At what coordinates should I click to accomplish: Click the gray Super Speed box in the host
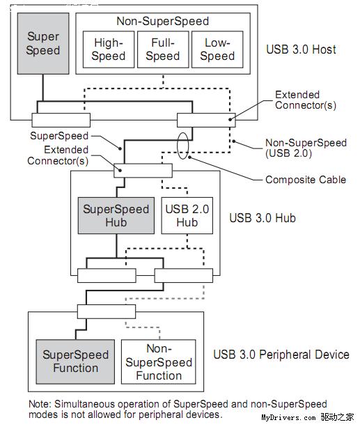[x=43, y=43]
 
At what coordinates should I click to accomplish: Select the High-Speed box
[x=108, y=49]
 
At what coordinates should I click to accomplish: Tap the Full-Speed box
[x=162, y=49]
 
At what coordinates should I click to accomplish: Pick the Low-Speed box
[x=217, y=49]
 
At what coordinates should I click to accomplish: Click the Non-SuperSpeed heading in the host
[x=163, y=21]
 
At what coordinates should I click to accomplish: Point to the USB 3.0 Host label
[x=301, y=49]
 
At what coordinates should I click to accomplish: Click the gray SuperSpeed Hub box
[x=116, y=215]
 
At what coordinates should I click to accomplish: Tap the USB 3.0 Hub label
[x=263, y=218]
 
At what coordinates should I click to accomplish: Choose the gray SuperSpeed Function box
[x=75, y=361]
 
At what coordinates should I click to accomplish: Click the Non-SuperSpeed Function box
[x=158, y=361]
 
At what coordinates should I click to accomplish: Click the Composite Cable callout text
[x=305, y=180]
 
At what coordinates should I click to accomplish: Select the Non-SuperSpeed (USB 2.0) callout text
[x=306, y=148]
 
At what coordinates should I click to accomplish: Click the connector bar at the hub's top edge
[x=143, y=171]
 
